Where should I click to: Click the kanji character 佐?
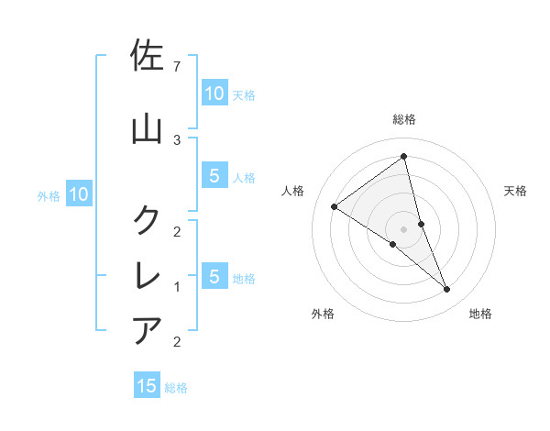click(x=148, y=57)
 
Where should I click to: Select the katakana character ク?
click(x=148, y=219)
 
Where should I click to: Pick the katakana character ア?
click(x=148, y=329)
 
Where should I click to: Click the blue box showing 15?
click(x=147, y=386)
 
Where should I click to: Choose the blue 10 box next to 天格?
click(x=214, y=94)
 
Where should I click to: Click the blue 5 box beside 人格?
click(x=214, y=177)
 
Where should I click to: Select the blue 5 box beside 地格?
click(x=214, y=277)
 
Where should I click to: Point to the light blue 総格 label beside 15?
click(x=176, y=388)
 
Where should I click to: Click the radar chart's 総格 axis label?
click(x=403, y=119)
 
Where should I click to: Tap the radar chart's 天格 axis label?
click(x=515, y=191)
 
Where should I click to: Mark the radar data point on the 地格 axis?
click(x=446, y=290)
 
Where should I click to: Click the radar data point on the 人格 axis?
click(x=335, y=206)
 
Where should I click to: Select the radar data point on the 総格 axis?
click(x=403, y=157)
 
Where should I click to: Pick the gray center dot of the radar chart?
click(x=403, y=228)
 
